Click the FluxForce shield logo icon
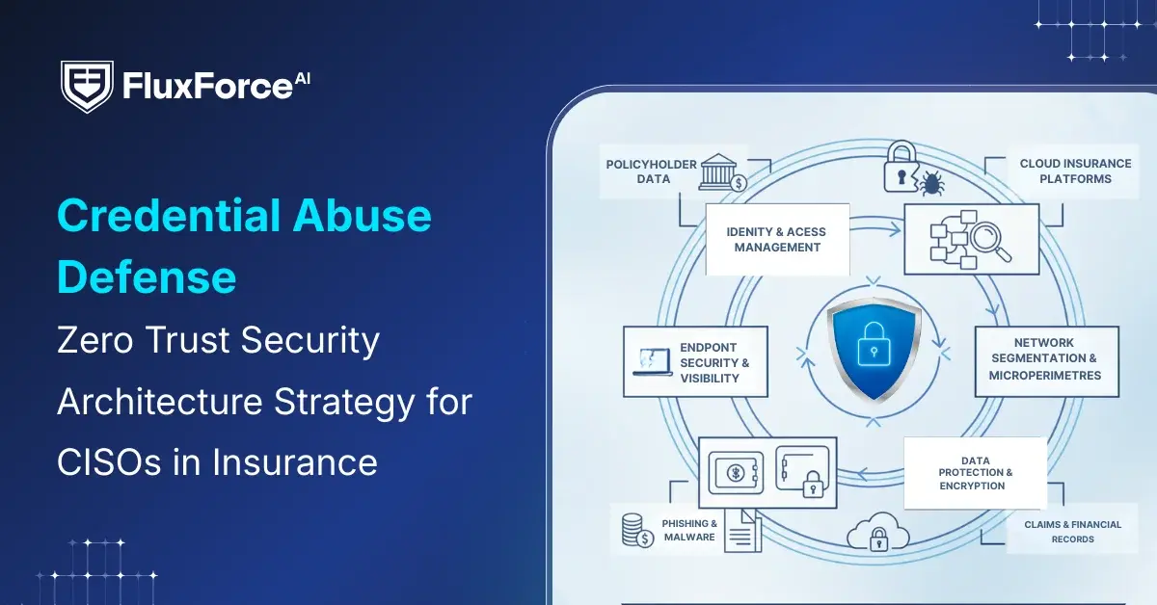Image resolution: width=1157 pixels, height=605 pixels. [x=87, y=86]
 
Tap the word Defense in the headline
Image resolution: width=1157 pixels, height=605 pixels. [x=147, y=277]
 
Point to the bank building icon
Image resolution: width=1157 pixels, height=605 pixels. [x=721, y=171]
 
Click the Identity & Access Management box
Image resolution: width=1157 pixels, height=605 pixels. [x=777, y=240]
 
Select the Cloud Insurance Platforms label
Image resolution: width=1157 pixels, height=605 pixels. [x=1075, y=171]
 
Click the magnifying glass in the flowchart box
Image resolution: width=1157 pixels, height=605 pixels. [x=990, y=240]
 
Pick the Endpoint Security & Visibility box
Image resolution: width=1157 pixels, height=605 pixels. [x=696, y=362]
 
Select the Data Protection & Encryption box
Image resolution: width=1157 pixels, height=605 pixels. [x=975, y=473]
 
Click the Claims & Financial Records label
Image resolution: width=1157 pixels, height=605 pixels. [x=1072, y=532]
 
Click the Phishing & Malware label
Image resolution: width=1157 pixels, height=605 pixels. [x=688, y=531]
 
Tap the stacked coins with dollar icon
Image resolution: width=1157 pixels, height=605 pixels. [x=635, y=531]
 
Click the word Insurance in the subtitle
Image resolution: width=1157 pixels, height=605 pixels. [x=295, y=461]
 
